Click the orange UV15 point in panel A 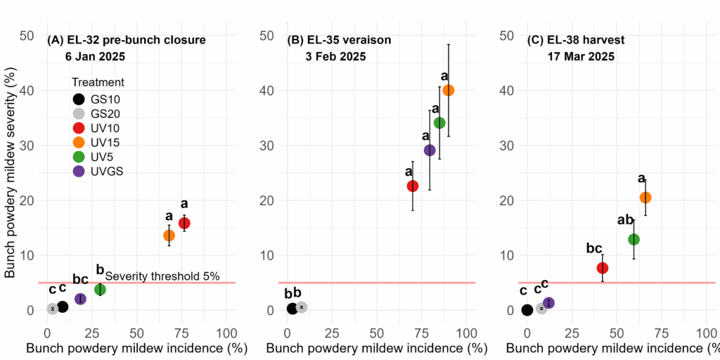(x=169, y=235)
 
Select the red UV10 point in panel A (x=184, y=223)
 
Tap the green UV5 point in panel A (x=100, y=289)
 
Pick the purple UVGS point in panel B (x=430, y=150)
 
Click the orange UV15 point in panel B (x=449, y=90)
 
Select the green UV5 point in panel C (x=634, y=239)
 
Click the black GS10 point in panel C (x=527, y=310)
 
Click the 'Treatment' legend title (x=98, y=82)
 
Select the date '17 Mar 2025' (x=581, y=57)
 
